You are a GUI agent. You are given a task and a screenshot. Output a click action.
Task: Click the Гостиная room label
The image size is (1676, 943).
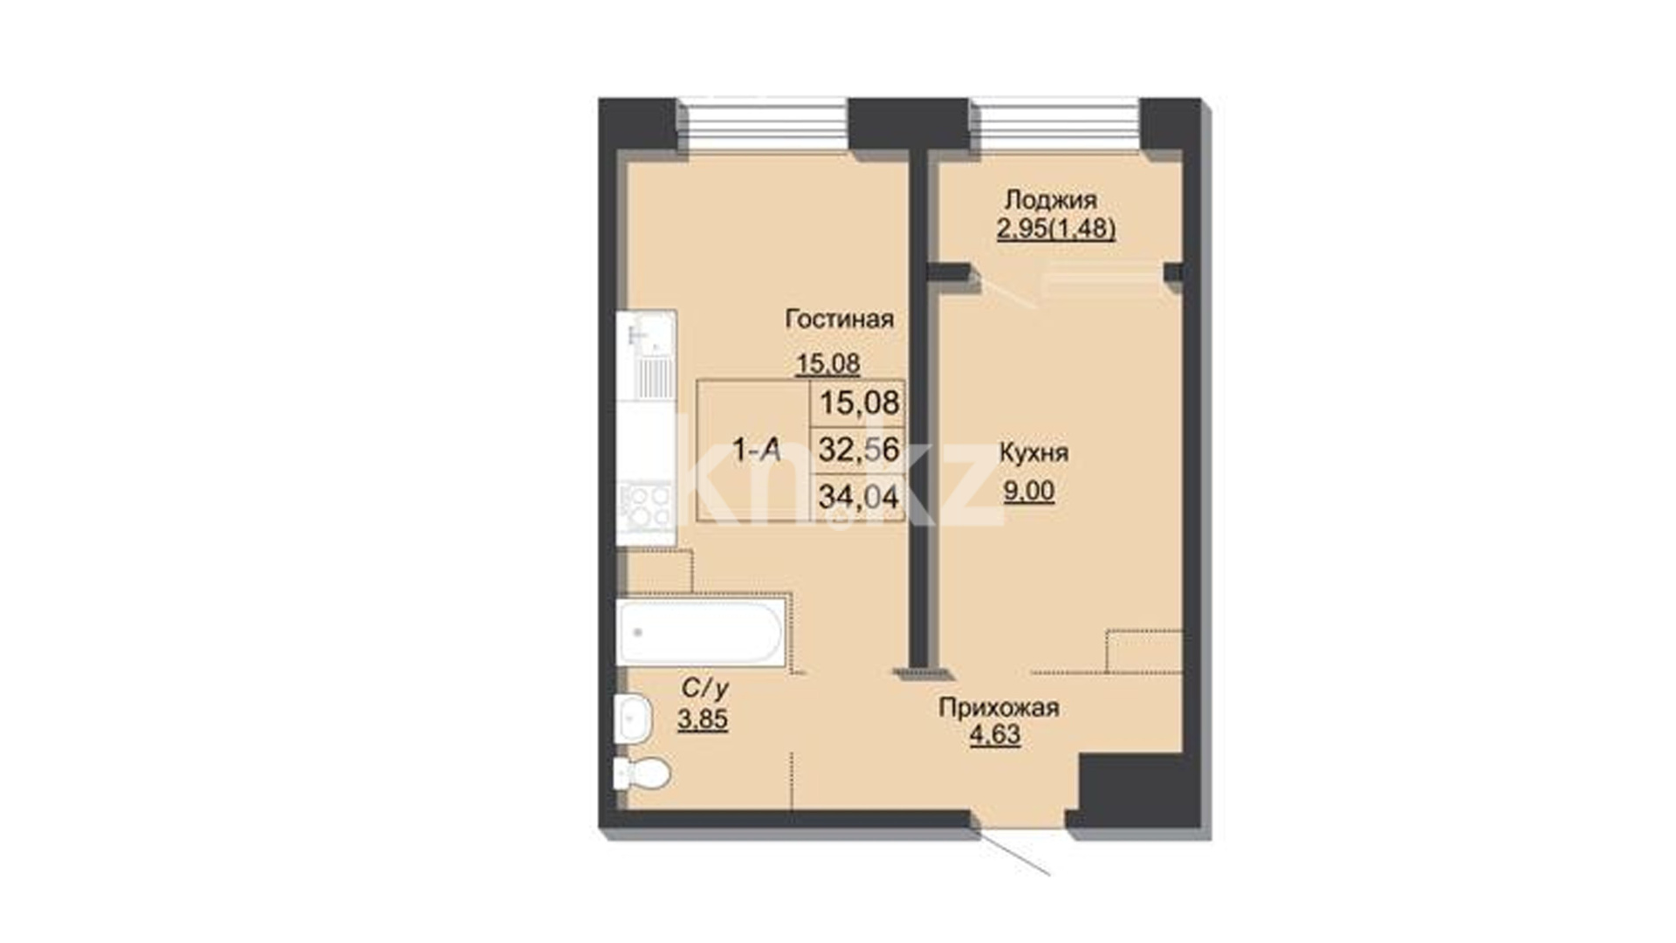[x=839, y=320]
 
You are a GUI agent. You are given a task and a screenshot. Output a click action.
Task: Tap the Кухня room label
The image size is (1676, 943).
[x=1034, y=453]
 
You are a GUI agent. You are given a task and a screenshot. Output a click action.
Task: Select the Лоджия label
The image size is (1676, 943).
[x=1050, y=200]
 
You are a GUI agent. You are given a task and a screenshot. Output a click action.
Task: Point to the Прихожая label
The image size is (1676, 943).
[x=999, y=707]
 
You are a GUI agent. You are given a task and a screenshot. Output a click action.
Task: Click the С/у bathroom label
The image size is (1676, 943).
[x=704, y=689]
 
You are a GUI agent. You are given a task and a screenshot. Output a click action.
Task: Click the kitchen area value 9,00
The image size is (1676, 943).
[x=1029, y=492]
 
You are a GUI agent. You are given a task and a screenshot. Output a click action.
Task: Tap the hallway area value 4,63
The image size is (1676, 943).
[x=995, y=735]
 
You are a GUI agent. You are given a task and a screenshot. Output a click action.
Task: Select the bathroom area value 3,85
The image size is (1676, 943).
[x=703, y=719]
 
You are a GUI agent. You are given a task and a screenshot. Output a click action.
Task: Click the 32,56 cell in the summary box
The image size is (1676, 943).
[x=858, y=450]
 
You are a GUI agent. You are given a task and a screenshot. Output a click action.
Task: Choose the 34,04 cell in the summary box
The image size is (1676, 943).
[x=858, y=498]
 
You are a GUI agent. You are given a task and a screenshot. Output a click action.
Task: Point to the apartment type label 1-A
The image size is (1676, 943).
[x=756, y=451]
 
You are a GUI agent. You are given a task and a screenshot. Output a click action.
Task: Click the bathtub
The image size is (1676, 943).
[x=700, y=632]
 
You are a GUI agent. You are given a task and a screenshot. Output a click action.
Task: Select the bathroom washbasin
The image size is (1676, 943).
[x=633, y=719]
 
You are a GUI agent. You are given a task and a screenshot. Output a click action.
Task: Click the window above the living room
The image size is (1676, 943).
[x=764, y=127]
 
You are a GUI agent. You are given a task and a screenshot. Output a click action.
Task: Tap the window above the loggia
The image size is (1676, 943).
[x=1055, y=127]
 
